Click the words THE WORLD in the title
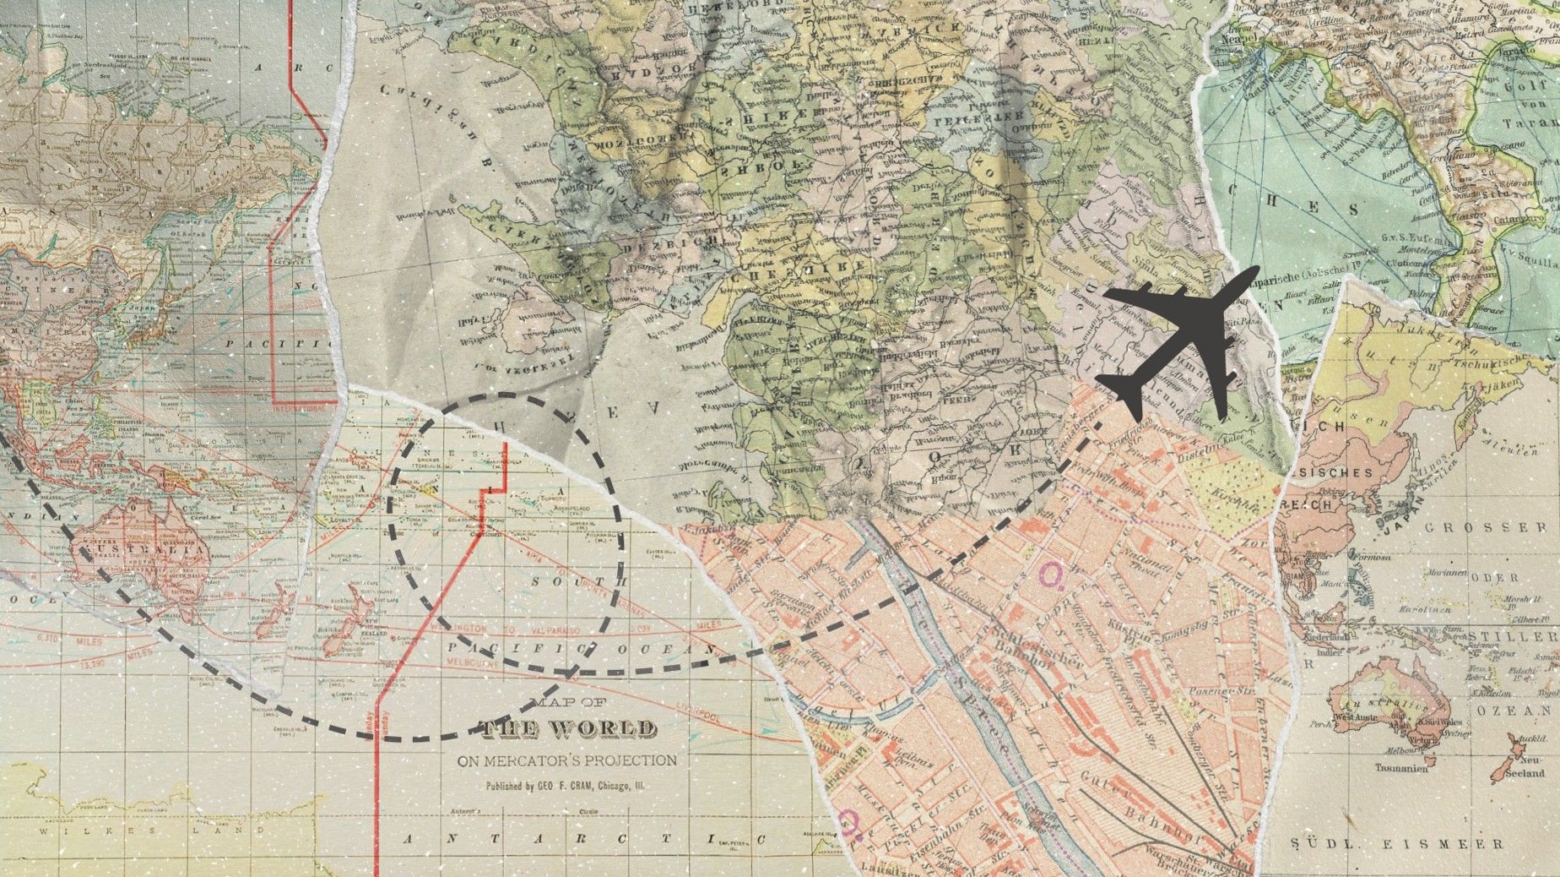[x=567, y=729]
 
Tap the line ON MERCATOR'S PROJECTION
[x=567, y=760]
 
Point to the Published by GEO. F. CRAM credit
[x=565, y=786]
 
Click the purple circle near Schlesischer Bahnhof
[x=1050, y=576]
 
